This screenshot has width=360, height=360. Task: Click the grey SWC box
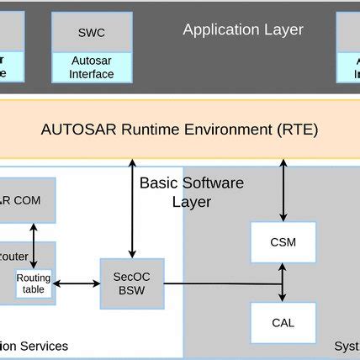click(x=91, y=32)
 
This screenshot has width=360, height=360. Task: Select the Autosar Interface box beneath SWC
click(x=91, y=67)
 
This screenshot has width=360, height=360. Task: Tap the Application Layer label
click(x=243, y=30)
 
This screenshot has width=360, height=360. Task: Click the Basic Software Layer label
click(x=191, y=192)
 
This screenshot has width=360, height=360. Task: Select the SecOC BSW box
click(x=131, y=283)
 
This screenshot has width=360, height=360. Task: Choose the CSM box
click(x=283, y=242)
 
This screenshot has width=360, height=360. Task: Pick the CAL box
click(x=283, y=322)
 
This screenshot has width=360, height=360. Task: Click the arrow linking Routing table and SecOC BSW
click(x=77, y=283)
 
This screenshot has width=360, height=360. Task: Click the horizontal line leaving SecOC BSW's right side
click(x=219, y=283)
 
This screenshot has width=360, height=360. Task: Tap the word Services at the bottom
click(x=45, y=347)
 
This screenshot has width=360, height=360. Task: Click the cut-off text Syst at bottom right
click(x=346, y=347)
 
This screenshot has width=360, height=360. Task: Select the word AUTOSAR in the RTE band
click(x=71, y=130)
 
